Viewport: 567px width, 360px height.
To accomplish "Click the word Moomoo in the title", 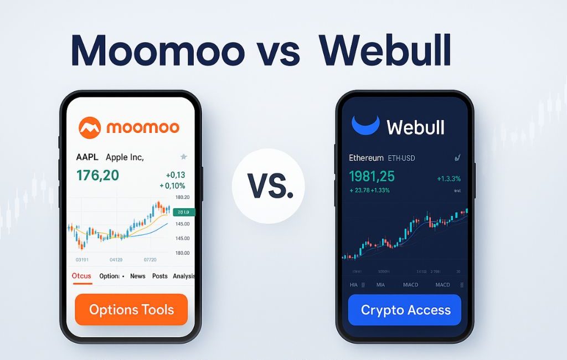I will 158,52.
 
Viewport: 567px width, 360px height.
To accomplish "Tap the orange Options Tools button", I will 131,310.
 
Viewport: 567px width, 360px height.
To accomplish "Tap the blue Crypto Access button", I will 405,310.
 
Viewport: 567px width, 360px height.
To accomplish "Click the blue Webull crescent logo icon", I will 365,126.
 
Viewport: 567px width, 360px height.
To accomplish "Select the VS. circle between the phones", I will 269,186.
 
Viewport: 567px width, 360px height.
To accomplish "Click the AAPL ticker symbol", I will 87,157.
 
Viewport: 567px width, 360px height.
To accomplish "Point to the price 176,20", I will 97,176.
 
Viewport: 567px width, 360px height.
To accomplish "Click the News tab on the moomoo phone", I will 138,276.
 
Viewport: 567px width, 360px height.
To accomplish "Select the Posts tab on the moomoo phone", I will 159,276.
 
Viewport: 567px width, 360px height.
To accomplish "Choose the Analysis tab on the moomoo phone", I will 183,276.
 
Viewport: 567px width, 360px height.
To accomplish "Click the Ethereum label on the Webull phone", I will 366,158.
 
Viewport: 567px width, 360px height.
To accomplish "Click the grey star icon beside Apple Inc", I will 184,157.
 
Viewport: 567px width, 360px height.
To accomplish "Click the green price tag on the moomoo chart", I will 182,212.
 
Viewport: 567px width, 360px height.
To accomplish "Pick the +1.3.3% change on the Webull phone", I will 449,178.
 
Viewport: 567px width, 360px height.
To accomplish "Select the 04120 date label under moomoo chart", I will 116,259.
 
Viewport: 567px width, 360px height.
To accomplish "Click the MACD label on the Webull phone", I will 442,285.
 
